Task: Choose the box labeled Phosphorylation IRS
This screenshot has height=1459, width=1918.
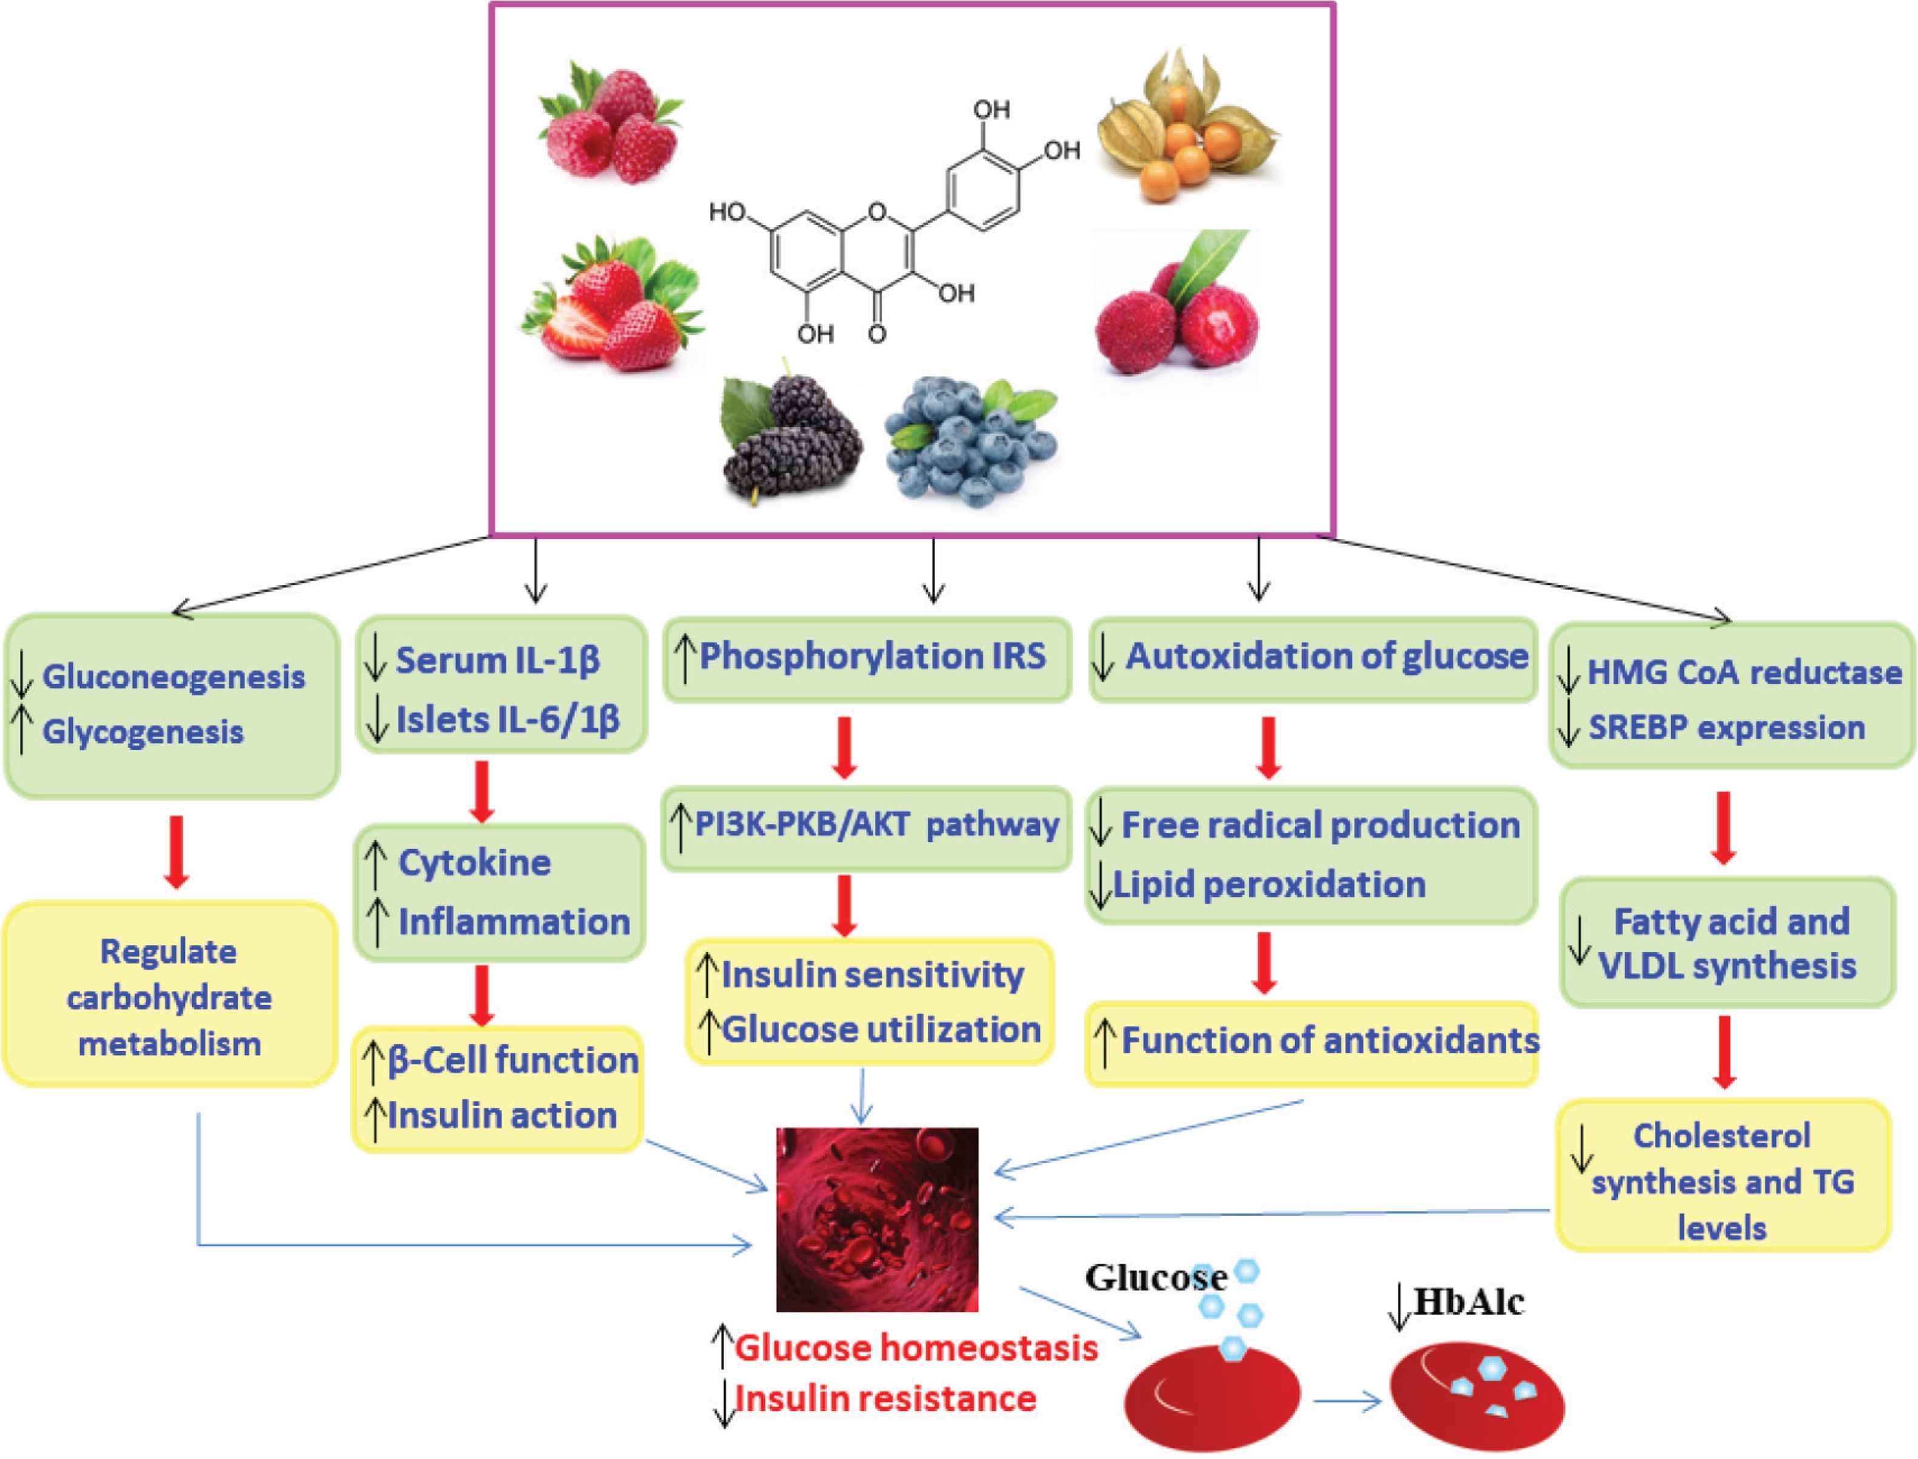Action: [x=867, y=659]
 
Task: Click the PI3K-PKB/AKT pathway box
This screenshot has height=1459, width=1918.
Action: [x=867, y=826]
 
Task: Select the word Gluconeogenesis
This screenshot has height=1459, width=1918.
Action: [x=173, y=677]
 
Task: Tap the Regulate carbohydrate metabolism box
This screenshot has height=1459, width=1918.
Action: [x=169, y=997]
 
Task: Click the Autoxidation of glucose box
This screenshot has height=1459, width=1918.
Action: [x=1313, y=659]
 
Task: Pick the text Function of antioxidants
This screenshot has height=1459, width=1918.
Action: [x=1329, y=1041]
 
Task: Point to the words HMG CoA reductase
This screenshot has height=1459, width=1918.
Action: [x=1743, y=672]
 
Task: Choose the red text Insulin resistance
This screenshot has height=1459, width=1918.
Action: [x=886, y=1399]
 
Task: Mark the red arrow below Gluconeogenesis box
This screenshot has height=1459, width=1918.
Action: [x=176, y=851]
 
